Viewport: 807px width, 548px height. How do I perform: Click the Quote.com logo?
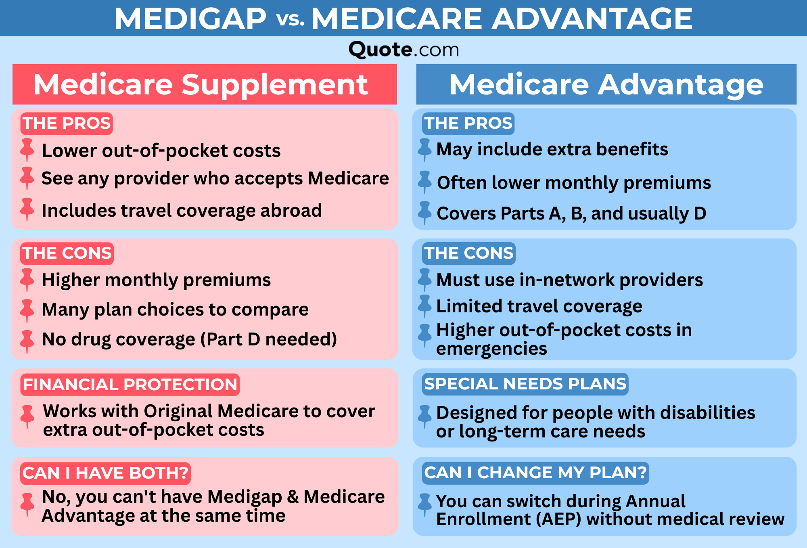pyautogui.click(x=403, y=50)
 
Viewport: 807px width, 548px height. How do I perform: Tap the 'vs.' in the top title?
pyautogui.click(x=291, y=19)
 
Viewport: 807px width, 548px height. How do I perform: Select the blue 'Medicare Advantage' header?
pyautogui.click(x=606, y=84)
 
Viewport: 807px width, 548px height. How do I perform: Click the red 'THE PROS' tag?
pyautogui.click(x=67, y=123)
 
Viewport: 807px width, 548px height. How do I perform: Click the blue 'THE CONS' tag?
pyautogui.click(x=469, y=253)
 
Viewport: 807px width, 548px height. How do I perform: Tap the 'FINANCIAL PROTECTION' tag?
pyautogui.click(x=130, y=385)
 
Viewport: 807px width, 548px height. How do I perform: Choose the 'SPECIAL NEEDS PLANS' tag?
pyautogui.click(x=525, y=384)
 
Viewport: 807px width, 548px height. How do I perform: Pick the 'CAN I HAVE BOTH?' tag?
pyautogui.click(x=105, y=473)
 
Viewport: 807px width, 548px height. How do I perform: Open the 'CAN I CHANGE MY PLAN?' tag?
pyautogui.click(x=535, y=473)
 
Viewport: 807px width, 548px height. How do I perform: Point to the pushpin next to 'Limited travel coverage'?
pyautogui.click(x=424, y=306)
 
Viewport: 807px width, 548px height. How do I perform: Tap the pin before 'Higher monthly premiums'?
pyautogui.click(x=27, y=279)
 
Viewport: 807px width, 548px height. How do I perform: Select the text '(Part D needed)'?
pyautogui.click(x=269, y=339)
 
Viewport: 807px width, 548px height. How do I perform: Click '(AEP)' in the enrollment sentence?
pyautogui.click(x=558, y=519)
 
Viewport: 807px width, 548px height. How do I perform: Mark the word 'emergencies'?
pyautogui.click(x=491, y=349)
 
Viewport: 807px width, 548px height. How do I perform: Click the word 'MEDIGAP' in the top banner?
pyautogui.click(x=190, y=19)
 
